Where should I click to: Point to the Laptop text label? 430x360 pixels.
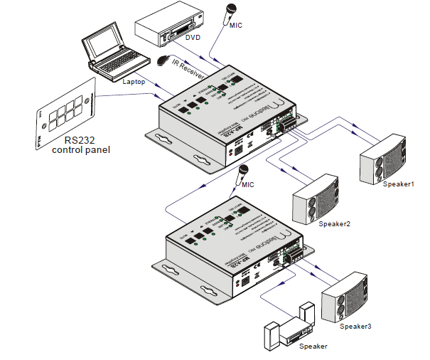(x=134, y=82)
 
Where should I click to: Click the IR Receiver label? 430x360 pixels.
(x=188, y=69)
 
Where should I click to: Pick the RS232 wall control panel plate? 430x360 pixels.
(x=64, y=113)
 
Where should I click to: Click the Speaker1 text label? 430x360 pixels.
(x=397, y=184)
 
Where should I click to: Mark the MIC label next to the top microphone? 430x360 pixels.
(x=237, y=25)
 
